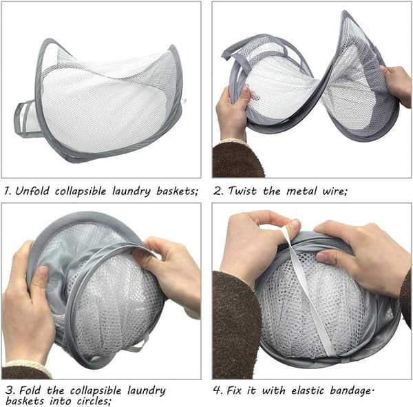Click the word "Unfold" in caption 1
point(32,191)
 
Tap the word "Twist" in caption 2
point(242,191)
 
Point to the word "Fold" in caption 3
point(30,390)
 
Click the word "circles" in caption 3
point(93,401)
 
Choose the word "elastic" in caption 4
point(308,390)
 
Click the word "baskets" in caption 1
point(176,191)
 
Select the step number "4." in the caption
point(218,390)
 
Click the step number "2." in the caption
point(218,191)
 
